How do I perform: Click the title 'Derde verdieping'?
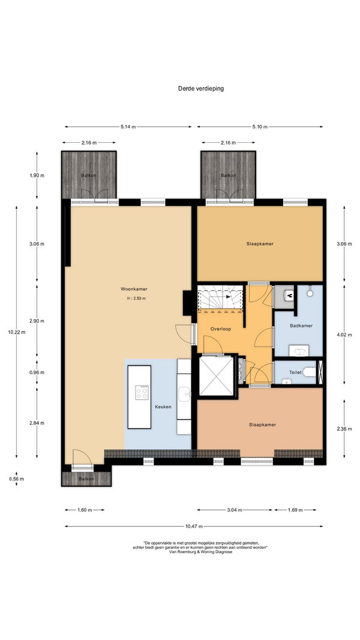point(201,88)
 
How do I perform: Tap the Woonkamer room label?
point(134,289)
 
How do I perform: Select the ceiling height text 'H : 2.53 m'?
point(136,298)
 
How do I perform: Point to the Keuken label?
point(163,407)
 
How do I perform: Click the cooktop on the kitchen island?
point(142,392)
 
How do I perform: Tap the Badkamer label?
point(301,326)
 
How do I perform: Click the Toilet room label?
point(295,372)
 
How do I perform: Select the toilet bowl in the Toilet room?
point(310,372)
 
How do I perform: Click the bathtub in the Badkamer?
point(299,351)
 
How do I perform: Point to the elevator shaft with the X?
point(217,375)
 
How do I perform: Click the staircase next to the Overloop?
point(220,298)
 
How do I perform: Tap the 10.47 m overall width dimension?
point(194,527)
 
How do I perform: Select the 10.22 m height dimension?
point(17,332)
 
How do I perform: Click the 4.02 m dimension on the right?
point(344,334)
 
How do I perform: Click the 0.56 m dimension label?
point(17,479)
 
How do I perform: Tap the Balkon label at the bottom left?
point(86,479)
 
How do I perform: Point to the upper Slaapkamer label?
point(260,244)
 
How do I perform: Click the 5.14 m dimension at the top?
point(128,127)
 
